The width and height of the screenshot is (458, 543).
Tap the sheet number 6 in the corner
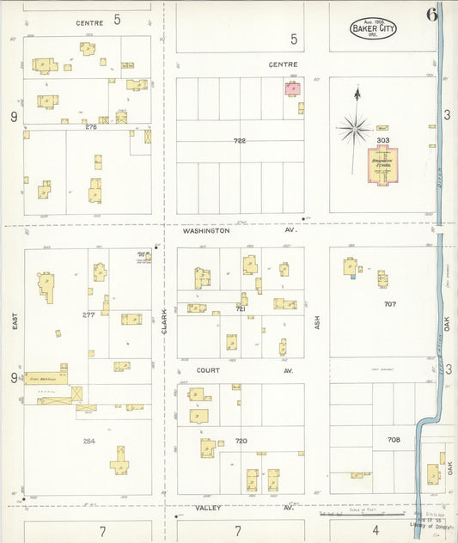click(431, 14)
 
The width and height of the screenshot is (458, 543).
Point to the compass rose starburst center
click(354, 130)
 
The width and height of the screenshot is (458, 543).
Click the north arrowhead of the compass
click(356, 89)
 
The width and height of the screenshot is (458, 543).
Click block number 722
click(240, 140)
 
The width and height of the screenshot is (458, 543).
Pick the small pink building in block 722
click(291, 88)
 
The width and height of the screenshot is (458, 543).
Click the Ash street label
click(317, 322)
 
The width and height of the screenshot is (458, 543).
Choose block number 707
click(390, 303)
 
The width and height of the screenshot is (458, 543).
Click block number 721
click(241, 308)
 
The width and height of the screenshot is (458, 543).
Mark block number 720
click(241, 441)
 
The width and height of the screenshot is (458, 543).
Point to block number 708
click(394, 439)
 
